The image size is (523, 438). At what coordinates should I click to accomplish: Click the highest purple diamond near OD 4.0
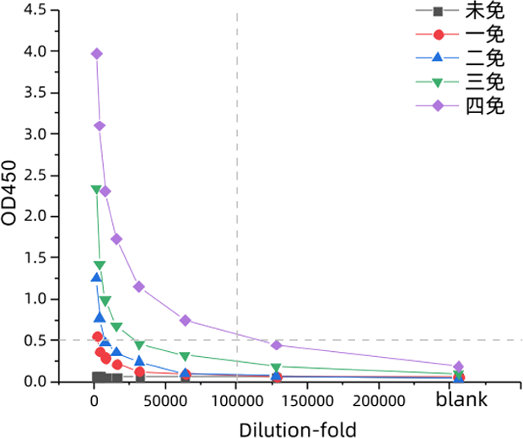point(97,53)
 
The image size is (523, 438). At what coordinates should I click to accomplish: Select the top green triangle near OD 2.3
point(96,190)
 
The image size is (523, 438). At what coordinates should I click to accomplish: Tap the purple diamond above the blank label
point(458,366)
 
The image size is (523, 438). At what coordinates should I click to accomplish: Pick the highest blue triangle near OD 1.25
point(96,277)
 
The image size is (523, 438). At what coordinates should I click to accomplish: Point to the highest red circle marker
point(97,337)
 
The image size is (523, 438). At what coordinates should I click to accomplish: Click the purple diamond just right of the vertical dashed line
point(276,344)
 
